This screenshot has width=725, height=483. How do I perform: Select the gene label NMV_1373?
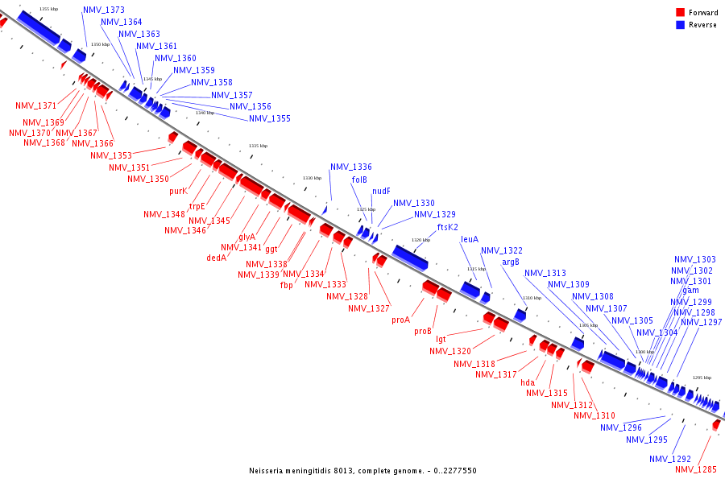104,10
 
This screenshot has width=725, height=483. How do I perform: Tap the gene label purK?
178,192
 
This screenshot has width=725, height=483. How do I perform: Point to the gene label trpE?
197,206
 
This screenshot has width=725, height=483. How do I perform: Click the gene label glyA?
246,237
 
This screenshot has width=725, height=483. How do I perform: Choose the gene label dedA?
216,258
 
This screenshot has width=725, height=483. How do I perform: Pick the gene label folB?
359,180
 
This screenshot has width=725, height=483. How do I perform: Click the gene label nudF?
381,192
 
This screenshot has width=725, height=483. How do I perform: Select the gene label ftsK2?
447,227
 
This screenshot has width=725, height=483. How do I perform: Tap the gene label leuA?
470,239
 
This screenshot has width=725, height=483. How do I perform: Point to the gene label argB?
511,262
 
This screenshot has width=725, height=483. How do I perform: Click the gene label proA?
401,320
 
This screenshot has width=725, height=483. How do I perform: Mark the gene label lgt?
441,339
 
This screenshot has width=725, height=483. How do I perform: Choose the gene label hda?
528,382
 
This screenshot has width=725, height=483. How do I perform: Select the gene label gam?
690,291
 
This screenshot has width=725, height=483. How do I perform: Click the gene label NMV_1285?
694,469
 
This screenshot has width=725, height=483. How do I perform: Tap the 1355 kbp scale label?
48,9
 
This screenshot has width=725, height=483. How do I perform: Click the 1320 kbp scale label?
420,240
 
